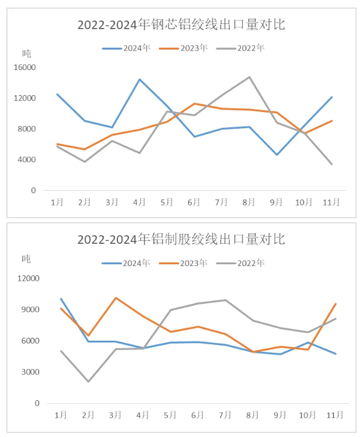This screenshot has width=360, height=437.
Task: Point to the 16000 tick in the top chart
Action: click(25, 67)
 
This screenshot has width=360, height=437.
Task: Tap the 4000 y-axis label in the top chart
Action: click(27, 159)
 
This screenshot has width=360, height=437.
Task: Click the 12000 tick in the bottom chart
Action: click(27, 278)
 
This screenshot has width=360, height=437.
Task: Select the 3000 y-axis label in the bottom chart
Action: click(30, 372)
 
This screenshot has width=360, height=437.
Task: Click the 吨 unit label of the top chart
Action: click(27, 53)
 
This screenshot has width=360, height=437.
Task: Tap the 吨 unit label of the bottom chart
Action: click(27, 258)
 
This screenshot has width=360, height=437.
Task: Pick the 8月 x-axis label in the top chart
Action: click(249, 202)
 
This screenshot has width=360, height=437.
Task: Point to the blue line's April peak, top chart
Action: click(139, 79)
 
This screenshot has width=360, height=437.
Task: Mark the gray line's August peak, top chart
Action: click(250, 77)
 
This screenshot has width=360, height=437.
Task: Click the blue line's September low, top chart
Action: click(277, 155)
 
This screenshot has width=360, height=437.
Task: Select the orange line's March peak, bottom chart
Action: click(116, 298)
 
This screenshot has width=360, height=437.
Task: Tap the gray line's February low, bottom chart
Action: click(88, 382)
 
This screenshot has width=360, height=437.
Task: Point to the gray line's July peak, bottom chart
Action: click(225, 300)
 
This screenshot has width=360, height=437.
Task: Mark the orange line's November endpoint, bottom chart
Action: click(335, 303)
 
